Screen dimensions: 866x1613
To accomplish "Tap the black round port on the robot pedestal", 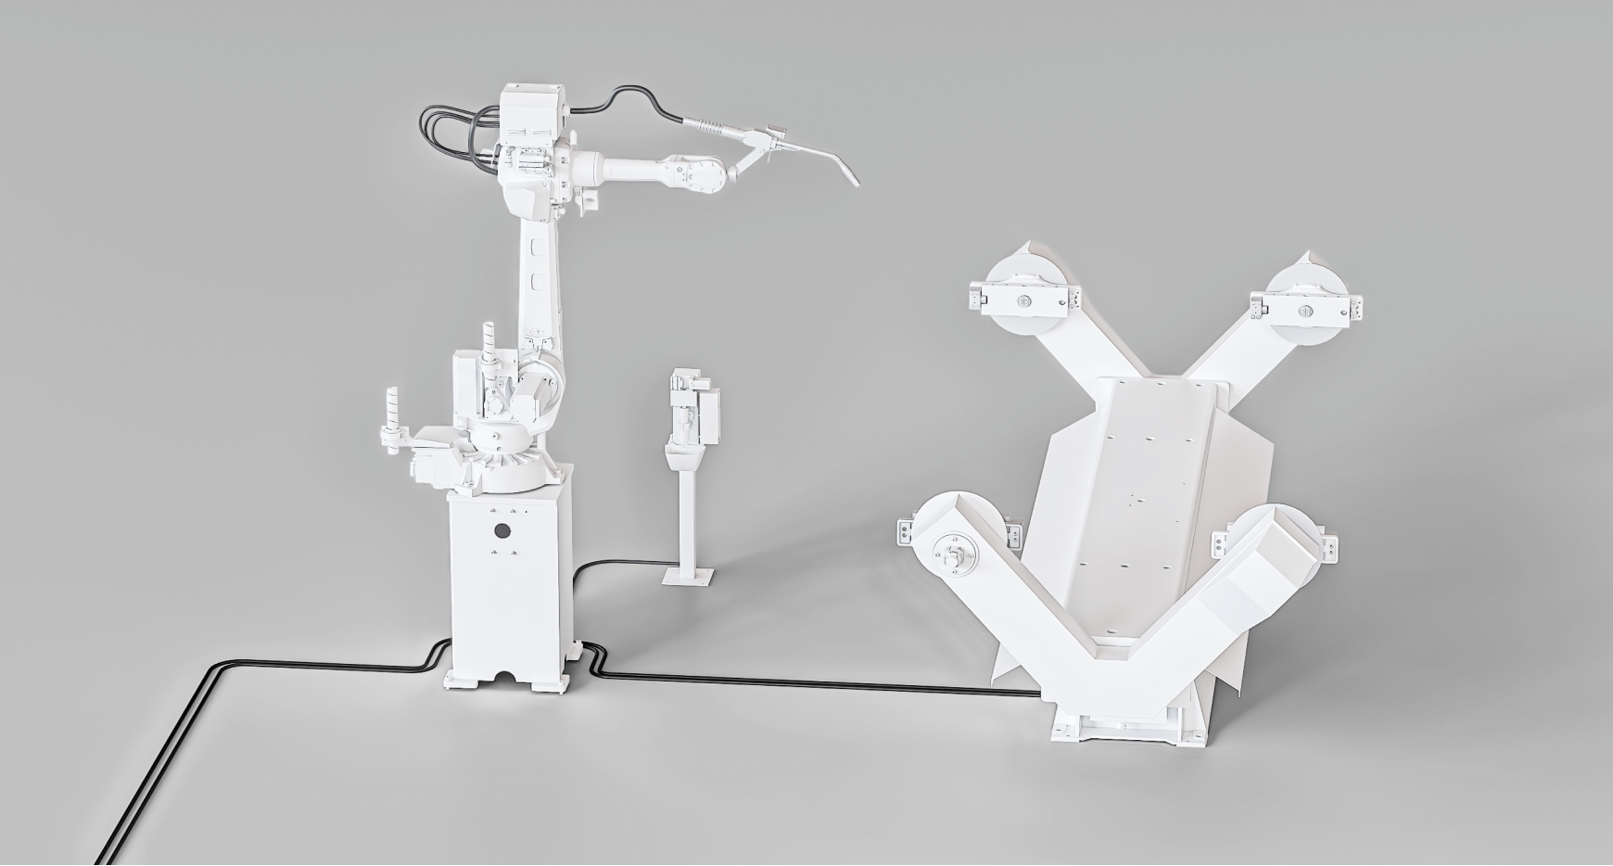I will click(502, 531).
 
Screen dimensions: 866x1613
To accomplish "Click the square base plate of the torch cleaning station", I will click(689, 577).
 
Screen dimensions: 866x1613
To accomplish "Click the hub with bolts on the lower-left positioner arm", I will click(955, 554).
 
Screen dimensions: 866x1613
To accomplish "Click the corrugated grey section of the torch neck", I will click(710, 125).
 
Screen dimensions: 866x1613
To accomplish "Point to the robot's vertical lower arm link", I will click(540, 278).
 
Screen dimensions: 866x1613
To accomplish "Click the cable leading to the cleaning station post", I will click(621, 563).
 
